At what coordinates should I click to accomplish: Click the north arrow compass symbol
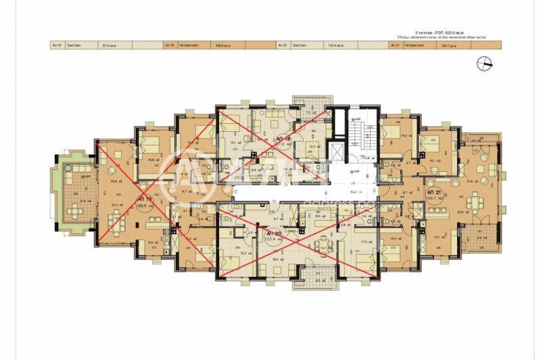(485, 64)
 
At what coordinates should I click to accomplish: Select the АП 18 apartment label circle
(281, 141)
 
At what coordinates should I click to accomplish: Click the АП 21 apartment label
(434, 197)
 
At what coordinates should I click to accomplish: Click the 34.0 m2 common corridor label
(352, 191)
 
